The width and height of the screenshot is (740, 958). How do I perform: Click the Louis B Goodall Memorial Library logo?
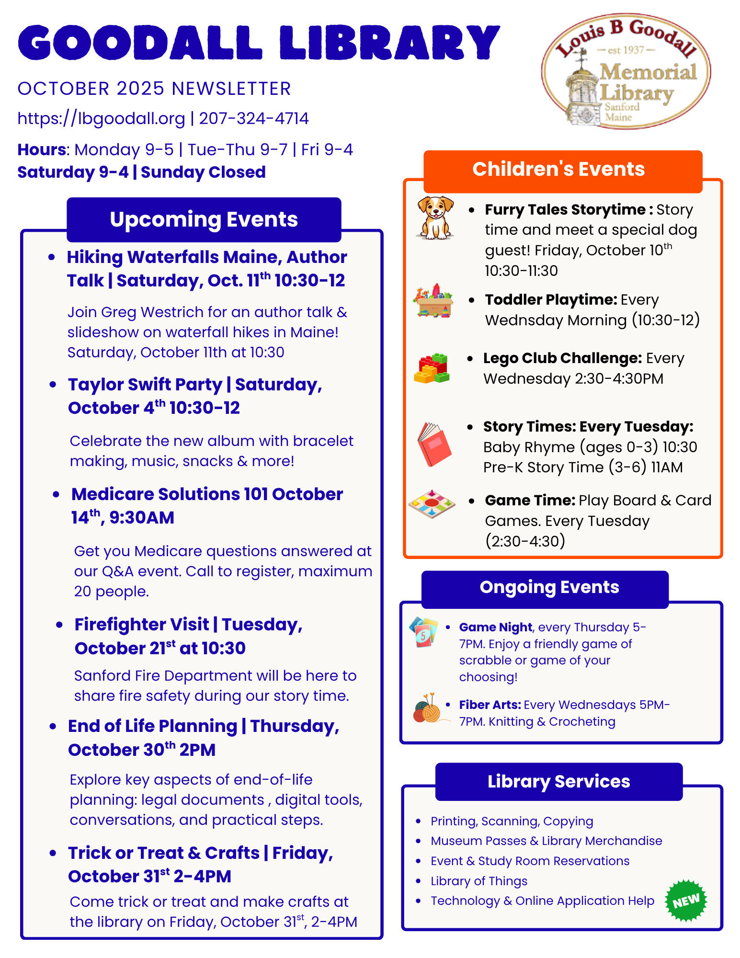tap(626, 71)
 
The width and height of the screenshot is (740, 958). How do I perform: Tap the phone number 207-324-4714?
tap(254, 118)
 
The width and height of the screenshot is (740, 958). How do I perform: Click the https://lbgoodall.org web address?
tap(101, 118)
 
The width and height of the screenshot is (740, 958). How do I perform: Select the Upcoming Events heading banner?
tap(204, 219)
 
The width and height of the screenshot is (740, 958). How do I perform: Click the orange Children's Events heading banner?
tap(558, 170)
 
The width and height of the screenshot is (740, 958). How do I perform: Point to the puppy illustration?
tap(435, 217)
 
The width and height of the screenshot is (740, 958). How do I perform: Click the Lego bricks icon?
tap(432, 368)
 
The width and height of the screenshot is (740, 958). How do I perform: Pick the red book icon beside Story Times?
tap(434, 444)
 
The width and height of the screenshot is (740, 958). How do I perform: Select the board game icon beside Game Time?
tap(432, 504)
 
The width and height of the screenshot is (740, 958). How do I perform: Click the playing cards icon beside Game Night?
tap(424, 632)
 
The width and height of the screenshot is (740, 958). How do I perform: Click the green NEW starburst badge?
tap(686, 901)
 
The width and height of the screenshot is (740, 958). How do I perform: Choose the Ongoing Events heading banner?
tap(549, 588)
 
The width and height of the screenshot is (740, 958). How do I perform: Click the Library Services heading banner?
tap(558, 781)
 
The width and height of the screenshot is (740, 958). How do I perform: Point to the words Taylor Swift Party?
tap(145, 385)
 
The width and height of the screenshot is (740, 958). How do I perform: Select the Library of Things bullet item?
tap(478, 881)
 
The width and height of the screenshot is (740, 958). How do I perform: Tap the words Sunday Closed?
tap(203, 172)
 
